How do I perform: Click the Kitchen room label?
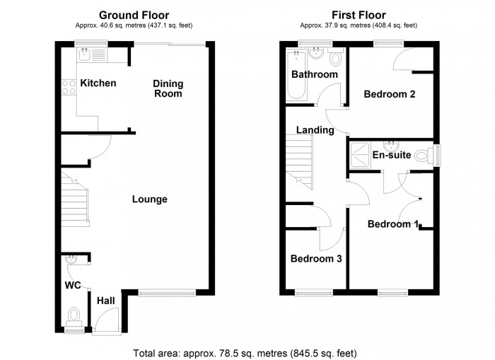pyautogui.click(x=98, y=83)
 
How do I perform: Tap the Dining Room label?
pyautogui.click(x=168, y=88)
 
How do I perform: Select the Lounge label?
pyautogui.click(x=150, y=199)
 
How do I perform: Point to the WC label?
pyautogui.click(x=74, y=286)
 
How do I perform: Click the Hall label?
pyautogui.click(x=106, y=301)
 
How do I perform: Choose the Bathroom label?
pyautogui.click(x=315, y=74)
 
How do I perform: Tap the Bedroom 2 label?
pyautogui.click(x=389, y=94)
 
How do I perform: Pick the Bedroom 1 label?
pyautogui.click(x=392, y=224)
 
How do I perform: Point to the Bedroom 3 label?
pyautogui.click(x=316, y=259)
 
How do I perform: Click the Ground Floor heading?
pyautogui.click(x=133, y=14)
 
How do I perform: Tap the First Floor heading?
pyautogui.click(x=358, y=14)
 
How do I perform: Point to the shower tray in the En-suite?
pyautogui.click(x=360, y=154)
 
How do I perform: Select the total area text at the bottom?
pyautogui.click(x=245, y=352)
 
